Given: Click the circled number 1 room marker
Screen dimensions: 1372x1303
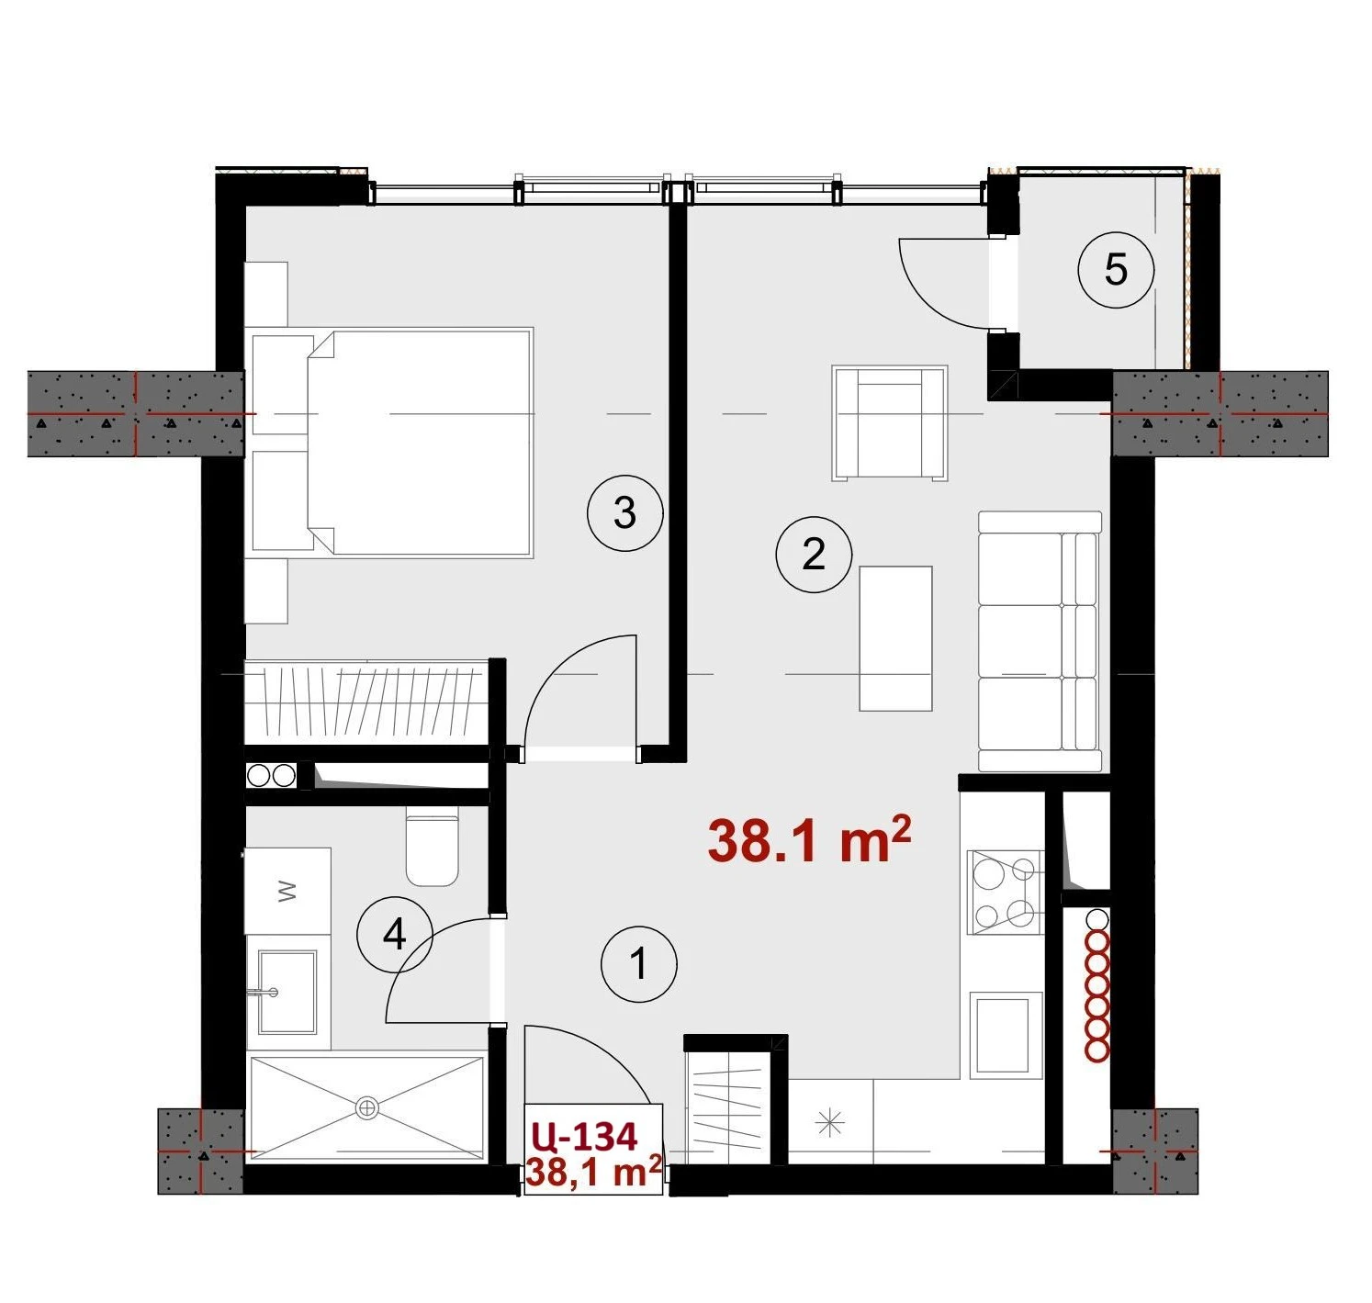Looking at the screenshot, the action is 638,964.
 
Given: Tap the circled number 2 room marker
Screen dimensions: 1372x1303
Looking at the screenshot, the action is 814,556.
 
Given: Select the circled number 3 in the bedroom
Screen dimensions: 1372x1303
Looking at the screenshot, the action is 624,513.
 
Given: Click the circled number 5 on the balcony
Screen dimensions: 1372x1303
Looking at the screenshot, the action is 1116,269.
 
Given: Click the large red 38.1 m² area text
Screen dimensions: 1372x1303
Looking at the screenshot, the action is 810,841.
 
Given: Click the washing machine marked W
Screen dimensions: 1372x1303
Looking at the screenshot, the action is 287,892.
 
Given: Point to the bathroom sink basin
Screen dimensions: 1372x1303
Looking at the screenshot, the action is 287,992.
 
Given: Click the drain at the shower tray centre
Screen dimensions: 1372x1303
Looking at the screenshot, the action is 366,1107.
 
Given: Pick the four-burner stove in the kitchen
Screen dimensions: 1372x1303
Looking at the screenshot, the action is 1005,893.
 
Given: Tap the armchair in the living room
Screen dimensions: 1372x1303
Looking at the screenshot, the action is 890,423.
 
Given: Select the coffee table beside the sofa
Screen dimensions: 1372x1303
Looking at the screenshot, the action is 895,638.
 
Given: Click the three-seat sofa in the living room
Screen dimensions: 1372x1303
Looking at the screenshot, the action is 1040,641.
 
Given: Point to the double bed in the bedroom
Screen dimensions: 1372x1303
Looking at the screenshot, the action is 420,444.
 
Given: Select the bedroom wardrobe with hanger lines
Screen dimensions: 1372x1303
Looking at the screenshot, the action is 367,702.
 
